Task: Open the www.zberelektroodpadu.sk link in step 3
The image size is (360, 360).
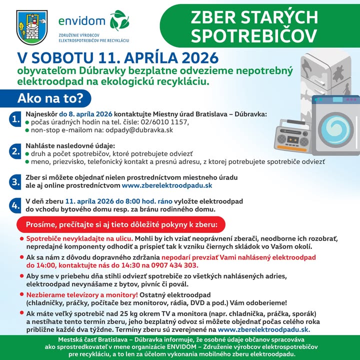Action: (167, 185)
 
